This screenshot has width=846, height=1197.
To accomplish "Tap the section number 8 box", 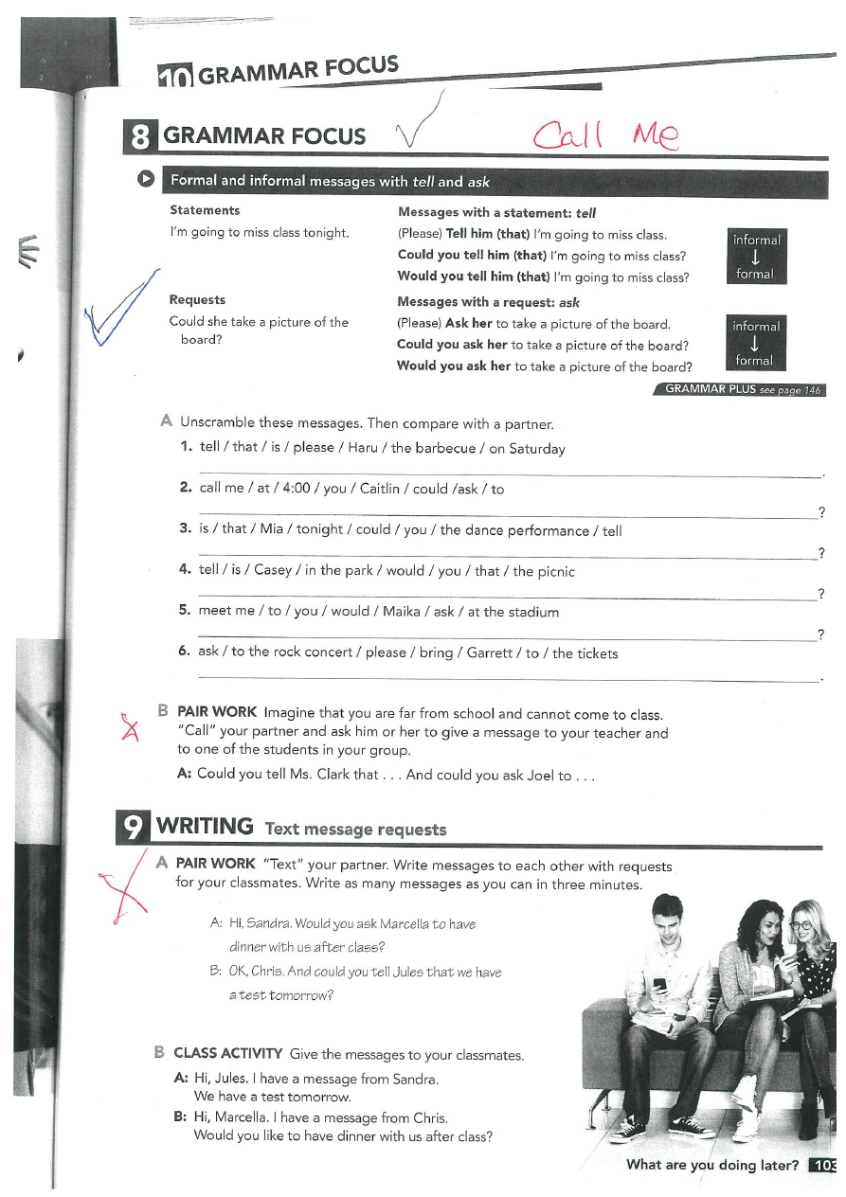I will [x=138, y=136].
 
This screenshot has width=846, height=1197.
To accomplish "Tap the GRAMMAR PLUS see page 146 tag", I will [x=742, y=389].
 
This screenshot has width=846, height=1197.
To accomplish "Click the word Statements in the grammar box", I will [x=205, y=210].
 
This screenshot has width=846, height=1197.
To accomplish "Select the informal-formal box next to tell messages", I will [x=755, y=257].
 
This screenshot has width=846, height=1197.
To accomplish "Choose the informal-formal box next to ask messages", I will [x=755, y=343].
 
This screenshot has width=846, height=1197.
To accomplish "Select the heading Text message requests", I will [x=356, y=830].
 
